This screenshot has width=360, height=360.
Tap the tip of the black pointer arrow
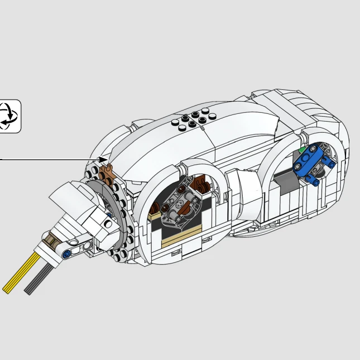(x=107, y=160)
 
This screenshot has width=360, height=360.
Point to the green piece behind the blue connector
(x=302, y=150)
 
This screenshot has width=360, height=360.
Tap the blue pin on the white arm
(x=67, y=255)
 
